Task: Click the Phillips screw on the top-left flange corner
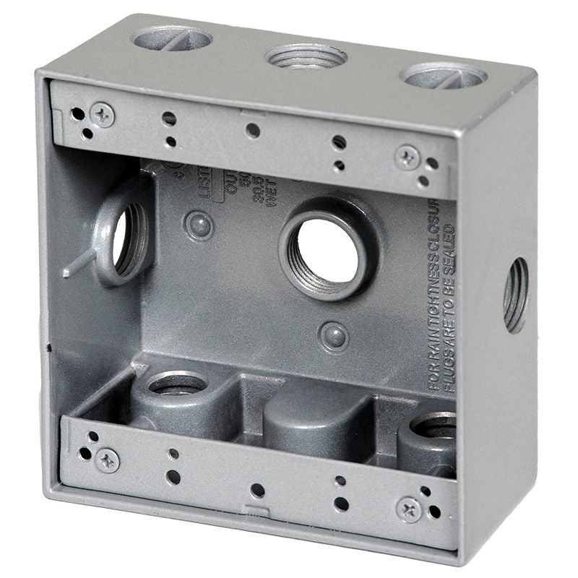[103, 114]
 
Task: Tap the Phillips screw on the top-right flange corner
[408, 156]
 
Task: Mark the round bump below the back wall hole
[333, 335]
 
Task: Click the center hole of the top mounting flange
[252, 131]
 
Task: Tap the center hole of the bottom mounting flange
[258, 491]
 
